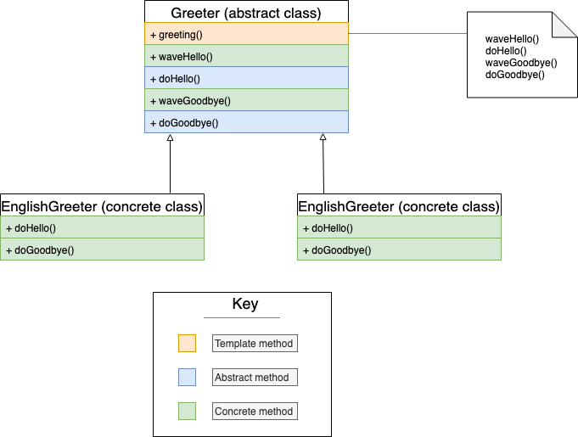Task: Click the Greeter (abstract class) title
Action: [246, 13]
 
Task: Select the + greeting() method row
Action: [246, 35]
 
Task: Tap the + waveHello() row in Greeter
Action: [246, 57]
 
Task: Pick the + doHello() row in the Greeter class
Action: [246, 79]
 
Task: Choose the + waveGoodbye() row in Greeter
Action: [246, 101]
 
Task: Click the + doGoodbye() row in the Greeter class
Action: [246, 123]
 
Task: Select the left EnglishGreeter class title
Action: [102, 206]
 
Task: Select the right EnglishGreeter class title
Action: [399, 206]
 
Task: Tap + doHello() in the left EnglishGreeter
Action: [102, 228]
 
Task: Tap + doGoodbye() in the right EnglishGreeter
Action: [399, 250]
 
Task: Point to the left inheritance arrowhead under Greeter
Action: [171, 137]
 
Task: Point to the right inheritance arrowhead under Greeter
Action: [323, 137]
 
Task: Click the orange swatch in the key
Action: [187, 344]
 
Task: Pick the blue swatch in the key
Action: [187, 378]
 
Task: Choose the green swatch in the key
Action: [187, 412]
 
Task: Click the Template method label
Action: [254, 344]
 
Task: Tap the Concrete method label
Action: [254, 412]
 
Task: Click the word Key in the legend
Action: [245, 305]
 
